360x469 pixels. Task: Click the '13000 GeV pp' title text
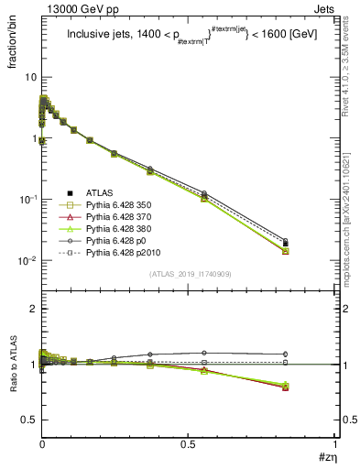pyautogui.click(x=76, y=9)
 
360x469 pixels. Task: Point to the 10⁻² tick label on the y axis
pyautogui.click(x=27, y=261)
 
